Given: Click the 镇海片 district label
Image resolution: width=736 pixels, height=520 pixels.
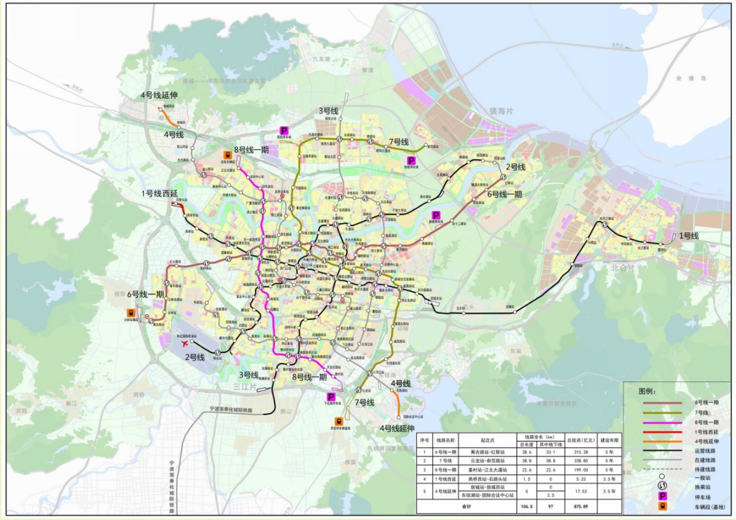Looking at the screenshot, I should [x=500, y=111].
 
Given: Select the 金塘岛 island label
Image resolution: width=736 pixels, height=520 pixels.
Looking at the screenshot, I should [x=685, y=78].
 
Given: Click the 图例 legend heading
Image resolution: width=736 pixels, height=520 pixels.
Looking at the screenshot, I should [x=647, y=392].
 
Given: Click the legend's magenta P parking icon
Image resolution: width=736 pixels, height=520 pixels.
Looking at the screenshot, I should [x=662, y=495].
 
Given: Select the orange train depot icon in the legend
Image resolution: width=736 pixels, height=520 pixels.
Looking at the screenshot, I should [x=662, y=506].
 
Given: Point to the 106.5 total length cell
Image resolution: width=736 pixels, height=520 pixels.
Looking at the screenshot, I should [x=526, y=506].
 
